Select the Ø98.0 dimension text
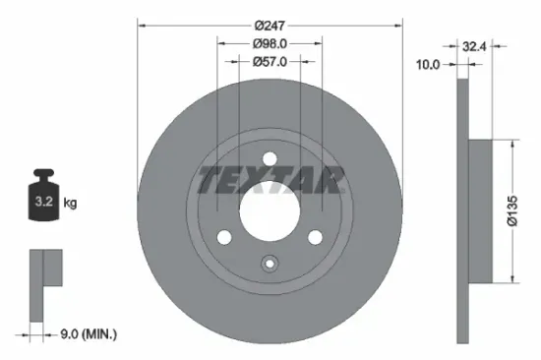coord(270,43)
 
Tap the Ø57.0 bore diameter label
coord(270,61)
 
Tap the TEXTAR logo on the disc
coord(270,181)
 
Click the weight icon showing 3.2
coord(44,202)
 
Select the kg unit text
coord(71,204)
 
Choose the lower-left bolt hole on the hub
coord(223,237)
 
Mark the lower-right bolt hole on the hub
coord(316,237)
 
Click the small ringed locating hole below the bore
coord(270,264)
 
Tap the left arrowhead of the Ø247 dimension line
coord(140,25)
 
